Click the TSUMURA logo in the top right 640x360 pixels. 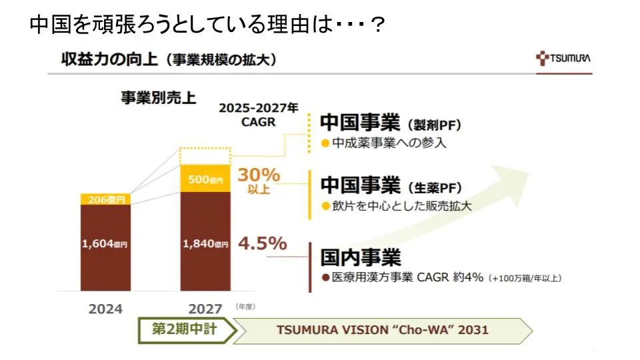563,58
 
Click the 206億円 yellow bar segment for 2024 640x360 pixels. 105,199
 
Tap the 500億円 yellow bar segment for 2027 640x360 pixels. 205,179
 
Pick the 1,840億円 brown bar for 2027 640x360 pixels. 205,241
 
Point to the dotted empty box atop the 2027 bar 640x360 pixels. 205,156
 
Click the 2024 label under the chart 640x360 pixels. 105,309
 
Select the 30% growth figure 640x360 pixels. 259,176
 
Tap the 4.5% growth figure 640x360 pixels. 262,243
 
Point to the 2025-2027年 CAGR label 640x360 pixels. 259,115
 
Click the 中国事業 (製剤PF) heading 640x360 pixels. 391,123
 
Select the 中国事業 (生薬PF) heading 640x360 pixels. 391,185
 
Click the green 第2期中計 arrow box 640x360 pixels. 185,329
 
